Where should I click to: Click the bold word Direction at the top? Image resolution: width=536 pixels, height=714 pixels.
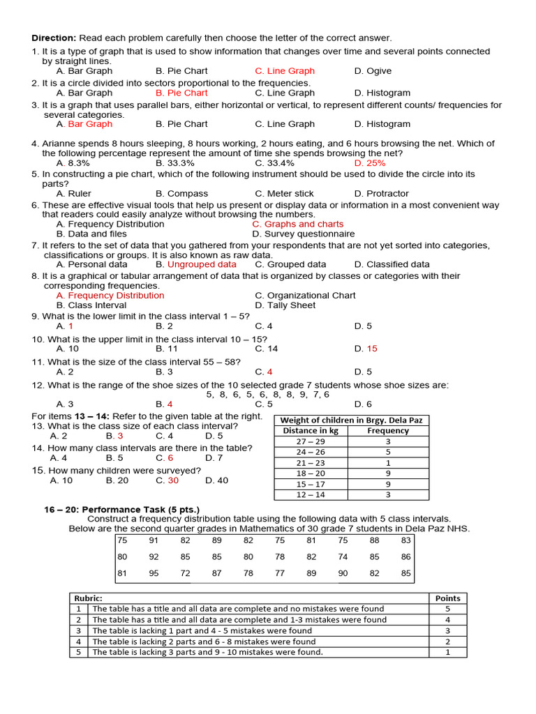pos(53,38)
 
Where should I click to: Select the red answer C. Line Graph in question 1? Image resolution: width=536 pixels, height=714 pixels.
pos(285,70)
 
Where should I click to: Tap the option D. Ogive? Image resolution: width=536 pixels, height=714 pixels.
pos(373,70)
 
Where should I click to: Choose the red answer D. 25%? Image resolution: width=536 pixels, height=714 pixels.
pos(370,162)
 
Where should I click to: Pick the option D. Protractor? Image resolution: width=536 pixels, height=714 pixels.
pos(381,193)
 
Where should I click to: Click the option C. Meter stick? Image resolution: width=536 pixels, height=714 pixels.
pos(284,193)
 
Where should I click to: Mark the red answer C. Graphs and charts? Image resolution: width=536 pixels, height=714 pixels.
pos(298,224)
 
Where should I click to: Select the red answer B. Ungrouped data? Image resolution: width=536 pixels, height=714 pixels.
pos(196,264)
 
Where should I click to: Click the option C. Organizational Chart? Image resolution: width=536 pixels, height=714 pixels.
pos(305,295)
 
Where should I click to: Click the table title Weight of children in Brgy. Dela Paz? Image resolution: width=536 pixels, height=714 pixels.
pos(350,420)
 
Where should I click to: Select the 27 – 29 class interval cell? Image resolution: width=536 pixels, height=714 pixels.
pos(311,441)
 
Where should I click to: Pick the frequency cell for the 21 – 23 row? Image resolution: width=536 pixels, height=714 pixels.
pos(388,462)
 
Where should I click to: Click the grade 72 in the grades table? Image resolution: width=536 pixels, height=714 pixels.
pos(185,574)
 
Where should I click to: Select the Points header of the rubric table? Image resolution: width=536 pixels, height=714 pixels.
pos(447,598)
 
